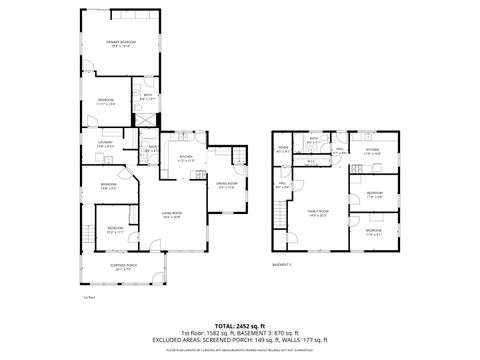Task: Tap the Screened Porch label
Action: click(124, 268)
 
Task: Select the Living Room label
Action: click(171, 215)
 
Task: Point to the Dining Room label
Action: click(227, 186)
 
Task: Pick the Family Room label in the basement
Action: click(320, 217)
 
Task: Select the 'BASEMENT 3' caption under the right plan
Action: click(282, 264)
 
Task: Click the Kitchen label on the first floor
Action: click(186, 158)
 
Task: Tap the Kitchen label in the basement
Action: click(371, 152)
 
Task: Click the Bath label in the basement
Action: click(314, 139)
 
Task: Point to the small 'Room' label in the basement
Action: click(283, 150)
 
